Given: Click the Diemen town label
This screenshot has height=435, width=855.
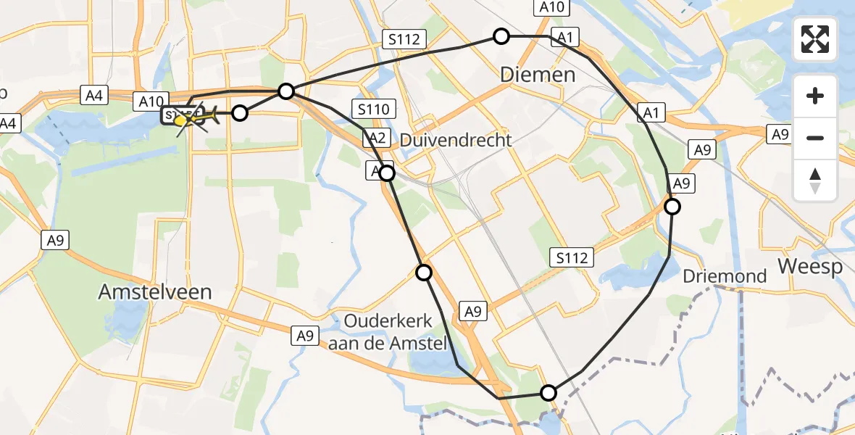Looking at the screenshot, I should (x=538, y=75).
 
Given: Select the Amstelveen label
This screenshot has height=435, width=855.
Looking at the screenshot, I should (x=156, y=292).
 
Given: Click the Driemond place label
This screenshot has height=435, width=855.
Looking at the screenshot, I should (x=725, y=275).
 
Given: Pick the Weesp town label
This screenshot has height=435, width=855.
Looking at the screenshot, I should (x=810, y=267).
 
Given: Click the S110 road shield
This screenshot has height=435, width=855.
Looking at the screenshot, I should (x=374, y=109).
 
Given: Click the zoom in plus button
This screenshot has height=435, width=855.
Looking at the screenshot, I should (x=815, y=96).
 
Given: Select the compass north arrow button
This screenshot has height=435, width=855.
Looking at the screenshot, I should (x=815, y=180).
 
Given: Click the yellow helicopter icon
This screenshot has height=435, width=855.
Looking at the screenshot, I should (x=197, y=116).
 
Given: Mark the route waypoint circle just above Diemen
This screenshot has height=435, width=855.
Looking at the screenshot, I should (x=501, y=36).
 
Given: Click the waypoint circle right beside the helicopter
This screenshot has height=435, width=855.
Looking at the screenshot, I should (x=240, y=112).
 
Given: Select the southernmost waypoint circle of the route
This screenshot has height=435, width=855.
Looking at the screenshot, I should (x=549, y=393).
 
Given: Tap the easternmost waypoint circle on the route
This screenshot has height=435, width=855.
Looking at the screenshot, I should (x=672, y=207).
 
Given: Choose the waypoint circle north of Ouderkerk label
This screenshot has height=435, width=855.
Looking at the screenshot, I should (x=423, y=273).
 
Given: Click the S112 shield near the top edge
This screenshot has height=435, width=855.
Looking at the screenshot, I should (x=404, y=39).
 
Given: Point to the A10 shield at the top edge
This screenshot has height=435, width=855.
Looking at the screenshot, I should (x=552, y=7).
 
